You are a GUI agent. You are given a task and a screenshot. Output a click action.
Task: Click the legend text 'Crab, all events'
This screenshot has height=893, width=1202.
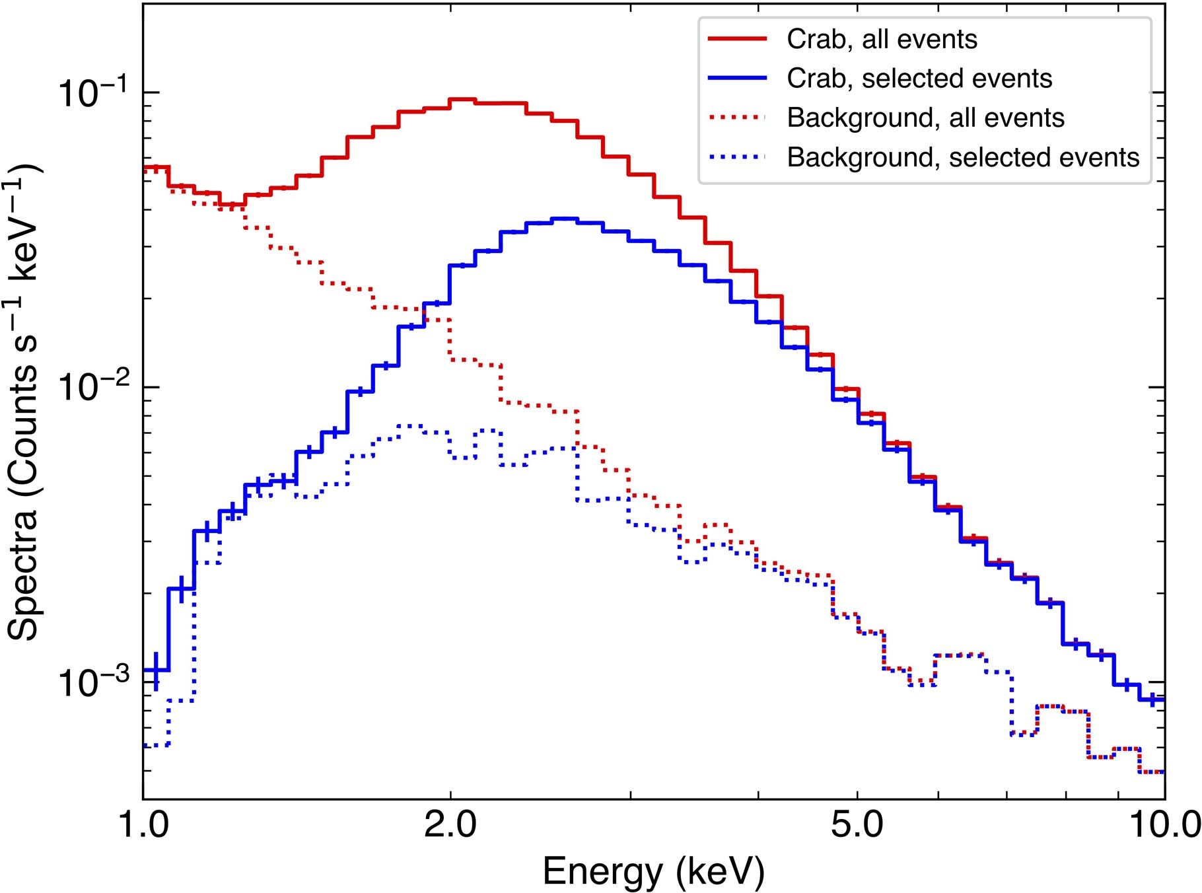[x=881, y=40]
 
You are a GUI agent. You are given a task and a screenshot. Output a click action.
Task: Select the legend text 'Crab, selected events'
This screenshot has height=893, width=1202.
[x=919, y=79]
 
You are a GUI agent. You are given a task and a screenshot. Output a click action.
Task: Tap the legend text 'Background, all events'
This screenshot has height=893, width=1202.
[x=925, y=118]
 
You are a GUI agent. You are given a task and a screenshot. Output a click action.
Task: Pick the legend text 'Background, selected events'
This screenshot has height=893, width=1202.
[x=963, y=157]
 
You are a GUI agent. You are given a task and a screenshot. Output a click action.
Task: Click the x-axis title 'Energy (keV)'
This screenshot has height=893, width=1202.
[x=653, y=872]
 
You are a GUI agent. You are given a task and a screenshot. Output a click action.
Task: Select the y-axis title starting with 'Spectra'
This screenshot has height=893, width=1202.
[x=25, y=403]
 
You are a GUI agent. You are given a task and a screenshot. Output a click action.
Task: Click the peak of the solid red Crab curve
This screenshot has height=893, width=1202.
[x=462, y=100]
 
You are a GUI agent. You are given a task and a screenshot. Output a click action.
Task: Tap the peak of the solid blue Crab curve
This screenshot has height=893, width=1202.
[x=565, y=219]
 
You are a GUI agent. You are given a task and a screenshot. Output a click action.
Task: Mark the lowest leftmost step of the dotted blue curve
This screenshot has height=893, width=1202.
[x=157, y=746]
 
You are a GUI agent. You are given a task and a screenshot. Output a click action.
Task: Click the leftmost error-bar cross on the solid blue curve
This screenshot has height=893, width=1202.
[x=156, y=670]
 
